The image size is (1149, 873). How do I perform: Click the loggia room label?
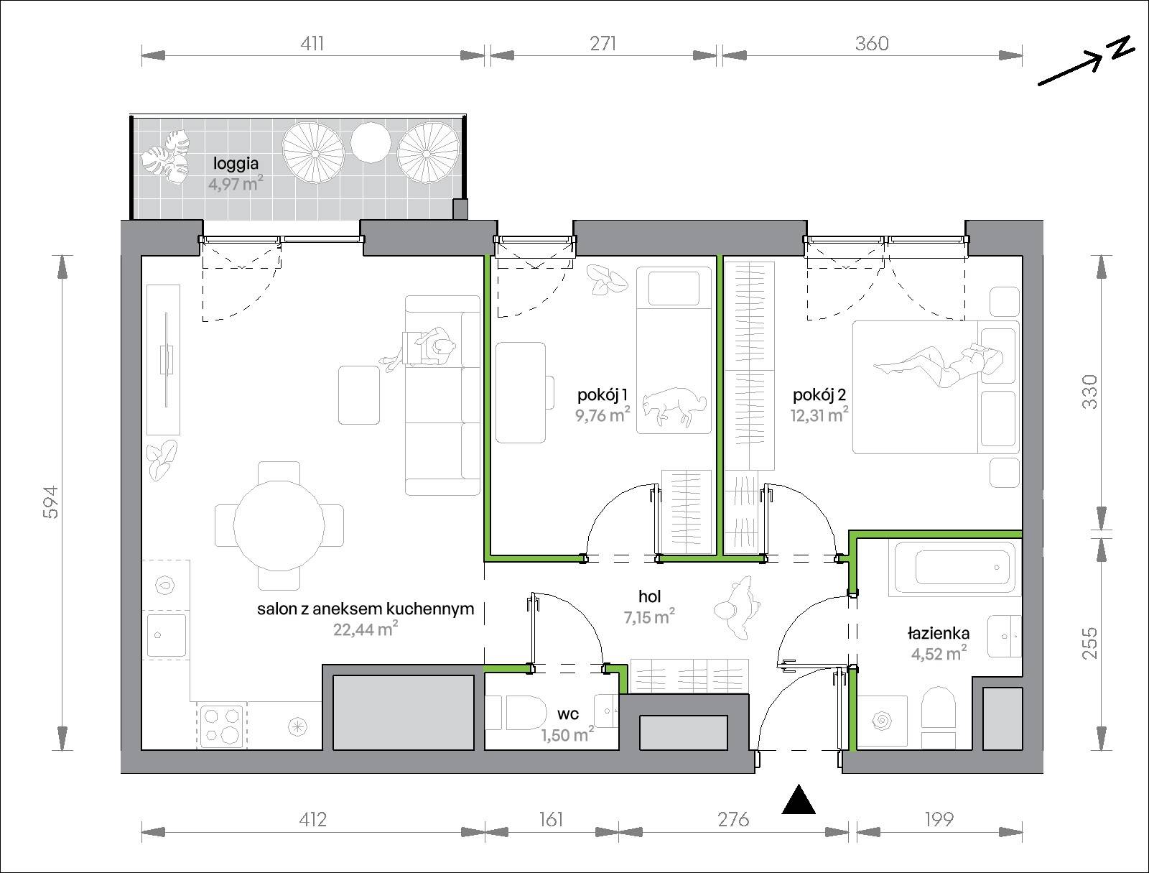(x=236, y=165)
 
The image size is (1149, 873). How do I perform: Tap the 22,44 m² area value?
(x=366, y=629)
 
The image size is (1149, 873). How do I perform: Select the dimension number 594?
(x=51, y=502)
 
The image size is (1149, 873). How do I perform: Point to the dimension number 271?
(x=603, y=43)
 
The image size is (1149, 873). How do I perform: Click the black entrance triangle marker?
(x=799, y=800)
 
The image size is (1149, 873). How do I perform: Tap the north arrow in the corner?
(x=1087, y=61)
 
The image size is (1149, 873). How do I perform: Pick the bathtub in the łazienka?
(x=955, y=568)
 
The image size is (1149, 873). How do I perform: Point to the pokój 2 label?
(x=819, y=394)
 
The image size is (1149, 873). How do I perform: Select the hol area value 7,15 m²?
(x=649, y=617)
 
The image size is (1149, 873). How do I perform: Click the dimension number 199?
(x=939, y=819)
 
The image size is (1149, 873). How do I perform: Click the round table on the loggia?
(x=371, y=142)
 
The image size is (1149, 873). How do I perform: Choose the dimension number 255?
(x=1090, y=643)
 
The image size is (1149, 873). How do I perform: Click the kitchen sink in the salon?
(x=167, y=635)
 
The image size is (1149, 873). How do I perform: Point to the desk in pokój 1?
(x=521, y=393)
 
